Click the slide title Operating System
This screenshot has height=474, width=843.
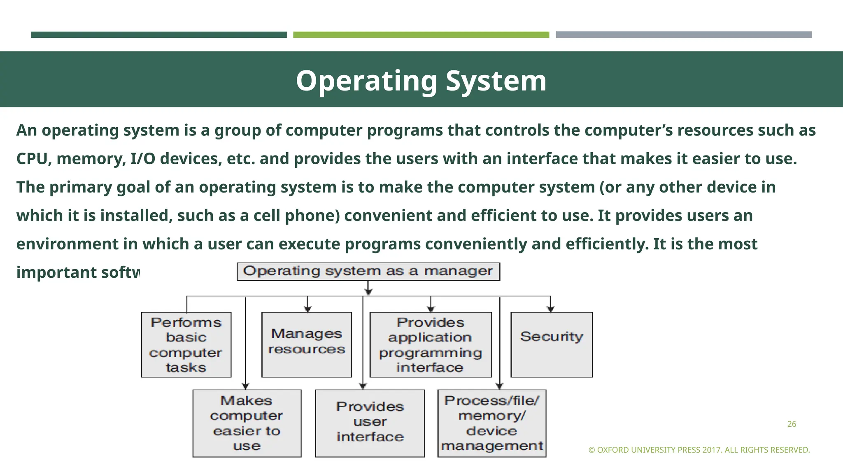[421, 81]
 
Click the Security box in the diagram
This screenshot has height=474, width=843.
[552, 344]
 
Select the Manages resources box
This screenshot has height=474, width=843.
[307, 344]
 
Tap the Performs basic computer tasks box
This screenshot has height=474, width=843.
[186, 344]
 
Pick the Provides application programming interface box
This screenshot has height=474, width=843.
[431, 344]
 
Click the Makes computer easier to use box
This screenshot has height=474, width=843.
[247, 423]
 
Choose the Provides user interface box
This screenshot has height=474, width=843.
[370, 423]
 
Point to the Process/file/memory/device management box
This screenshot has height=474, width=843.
[492, 423]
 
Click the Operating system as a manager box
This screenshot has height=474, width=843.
[368, 272]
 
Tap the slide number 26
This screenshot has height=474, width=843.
[792, 424]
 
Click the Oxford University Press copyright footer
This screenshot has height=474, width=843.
[699, 450]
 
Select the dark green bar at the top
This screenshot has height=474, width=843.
[158, 35]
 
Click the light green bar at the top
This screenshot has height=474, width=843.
[421, 35]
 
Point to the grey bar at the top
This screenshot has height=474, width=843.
[684, 35]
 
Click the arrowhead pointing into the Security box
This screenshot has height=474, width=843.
[551, 309]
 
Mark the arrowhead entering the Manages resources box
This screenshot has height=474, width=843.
[307, 309]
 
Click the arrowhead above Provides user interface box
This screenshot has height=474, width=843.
[363, 386]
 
